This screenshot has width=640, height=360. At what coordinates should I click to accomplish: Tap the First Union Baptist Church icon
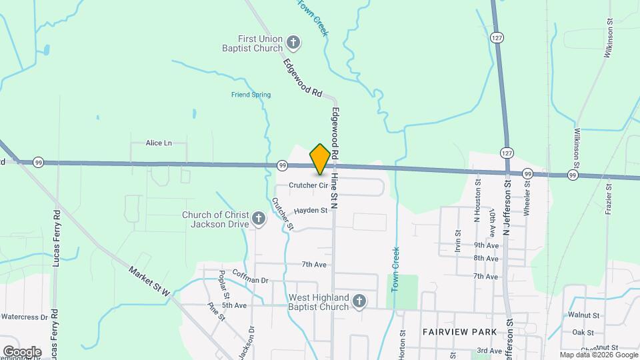tap(293, 44)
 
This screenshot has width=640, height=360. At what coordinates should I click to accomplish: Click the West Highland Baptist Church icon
tap(359, 302)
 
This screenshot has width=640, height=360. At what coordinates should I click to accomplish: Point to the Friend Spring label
tap(251, 95)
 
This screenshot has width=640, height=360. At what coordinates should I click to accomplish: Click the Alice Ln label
tap(159, 143)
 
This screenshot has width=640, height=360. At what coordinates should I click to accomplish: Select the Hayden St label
tap(311, 210)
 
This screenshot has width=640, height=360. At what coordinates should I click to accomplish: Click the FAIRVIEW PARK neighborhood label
tap(459, 331)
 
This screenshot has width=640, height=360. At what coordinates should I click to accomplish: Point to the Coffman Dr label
tap(250, 281)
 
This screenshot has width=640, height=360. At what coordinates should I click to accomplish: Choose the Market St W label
tap(150, 283)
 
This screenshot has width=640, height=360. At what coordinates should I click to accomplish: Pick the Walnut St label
tap(585, 315)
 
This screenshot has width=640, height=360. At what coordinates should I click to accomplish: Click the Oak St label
tap(583, 332)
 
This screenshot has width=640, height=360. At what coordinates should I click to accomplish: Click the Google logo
tap(22, 351)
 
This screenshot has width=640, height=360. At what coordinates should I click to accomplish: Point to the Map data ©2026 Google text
tap(598, 355)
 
